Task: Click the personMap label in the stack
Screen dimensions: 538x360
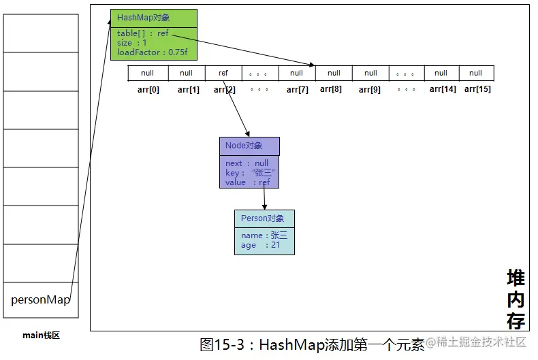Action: click(x=40, y=299)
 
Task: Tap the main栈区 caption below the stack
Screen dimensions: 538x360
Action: click(x=41, y=335)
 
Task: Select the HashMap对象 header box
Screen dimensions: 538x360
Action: click(x=154, y=18)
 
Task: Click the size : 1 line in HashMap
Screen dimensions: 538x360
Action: click(x=131, y=43)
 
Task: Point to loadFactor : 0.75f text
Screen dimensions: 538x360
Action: click(x=153, y=52)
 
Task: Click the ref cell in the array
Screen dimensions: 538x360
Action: click(x=223, y=73)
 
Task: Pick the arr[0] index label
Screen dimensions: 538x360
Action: click(x=148, y=89)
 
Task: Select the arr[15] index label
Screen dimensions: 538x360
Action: click(x=477, y=89)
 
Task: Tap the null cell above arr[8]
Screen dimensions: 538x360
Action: click(x=334, y=73)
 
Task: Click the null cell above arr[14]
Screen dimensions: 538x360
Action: click(x=441, y=73)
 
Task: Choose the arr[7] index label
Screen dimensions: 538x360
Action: click(x=298, y=89)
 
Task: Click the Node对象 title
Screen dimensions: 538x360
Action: click(x=244, y=146)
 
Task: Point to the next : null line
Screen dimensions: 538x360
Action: click(x=247, y=163)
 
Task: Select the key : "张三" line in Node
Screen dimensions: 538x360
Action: click(x=250, y=172)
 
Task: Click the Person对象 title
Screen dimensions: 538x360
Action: click(x=262, y=218)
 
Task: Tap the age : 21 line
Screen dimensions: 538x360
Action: click(x=260, y=245)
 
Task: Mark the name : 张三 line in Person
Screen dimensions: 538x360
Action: click(x=264, y=235)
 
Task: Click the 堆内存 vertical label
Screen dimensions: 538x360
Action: click(x=516, y=299)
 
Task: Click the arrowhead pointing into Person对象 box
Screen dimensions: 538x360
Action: click(x=264, y=207)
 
